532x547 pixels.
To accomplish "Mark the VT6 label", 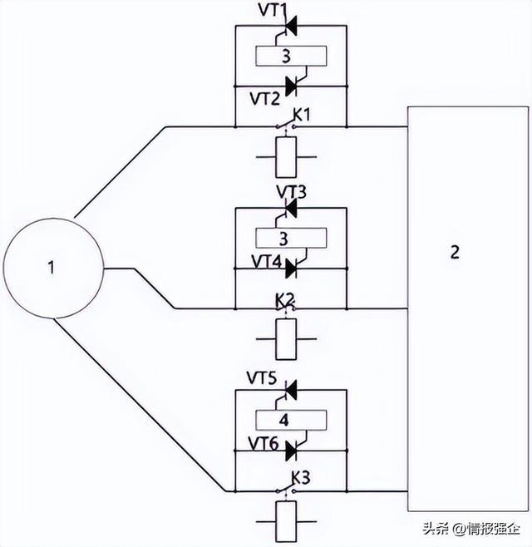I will [264, 445].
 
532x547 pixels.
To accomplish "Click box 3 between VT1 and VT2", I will [285, 56].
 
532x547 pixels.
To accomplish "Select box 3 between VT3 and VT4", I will [285, 239].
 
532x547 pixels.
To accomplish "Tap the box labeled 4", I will [284, 420].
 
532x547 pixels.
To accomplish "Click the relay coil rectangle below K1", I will [285, 155].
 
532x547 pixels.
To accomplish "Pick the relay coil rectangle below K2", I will [285, 339].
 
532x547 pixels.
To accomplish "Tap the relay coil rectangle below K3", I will [284, 521].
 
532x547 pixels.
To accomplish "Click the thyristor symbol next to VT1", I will [292, 28].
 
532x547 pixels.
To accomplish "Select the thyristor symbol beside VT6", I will [292, 451].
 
